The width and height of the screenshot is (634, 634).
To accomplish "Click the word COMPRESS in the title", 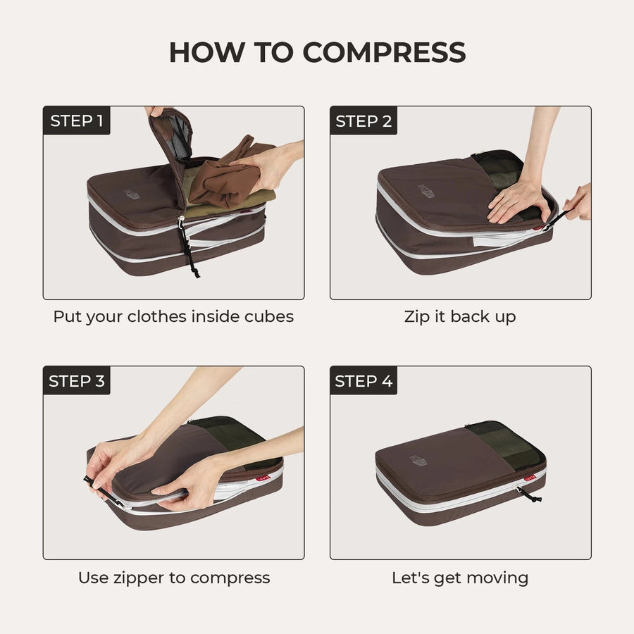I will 384,52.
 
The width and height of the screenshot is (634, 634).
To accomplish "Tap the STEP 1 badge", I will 76,120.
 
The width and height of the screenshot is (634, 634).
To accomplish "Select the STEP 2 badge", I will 363,120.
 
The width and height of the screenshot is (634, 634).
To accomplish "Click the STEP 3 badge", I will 76,381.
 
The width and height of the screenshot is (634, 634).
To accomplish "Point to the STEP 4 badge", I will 363,381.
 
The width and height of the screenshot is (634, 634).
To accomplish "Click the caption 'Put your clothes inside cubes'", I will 173,317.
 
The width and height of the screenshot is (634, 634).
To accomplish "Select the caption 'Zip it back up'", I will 460,317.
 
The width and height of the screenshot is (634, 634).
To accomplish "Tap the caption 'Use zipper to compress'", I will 173,578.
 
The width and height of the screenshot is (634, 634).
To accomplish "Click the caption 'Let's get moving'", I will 460,578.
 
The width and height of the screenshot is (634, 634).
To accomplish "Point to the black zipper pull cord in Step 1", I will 188,250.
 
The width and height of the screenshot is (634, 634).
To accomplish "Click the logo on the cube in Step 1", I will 131,193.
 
